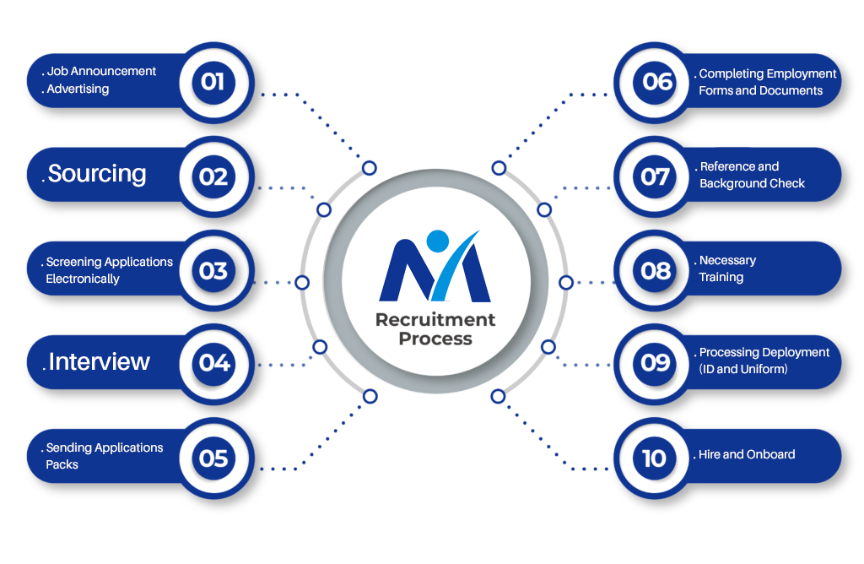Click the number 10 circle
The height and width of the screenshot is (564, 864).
pyautogui.click(x=654, y=458)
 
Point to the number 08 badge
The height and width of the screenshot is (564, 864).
pyautogui.click(x=656, y=271)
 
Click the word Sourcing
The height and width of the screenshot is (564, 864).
pyautogui.click(x=97, y=174)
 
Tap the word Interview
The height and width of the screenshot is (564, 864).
pyautogui.click(x=99, y=362)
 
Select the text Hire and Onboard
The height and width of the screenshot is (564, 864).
pyautogui.click(x=747, y=454)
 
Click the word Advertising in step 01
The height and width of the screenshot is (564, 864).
pyautogui.click(x=78, y=89)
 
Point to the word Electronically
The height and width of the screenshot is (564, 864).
pyautogui.click(x=83, y=279)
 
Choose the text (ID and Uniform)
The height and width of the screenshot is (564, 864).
pyautogui.click(x=743, y=369)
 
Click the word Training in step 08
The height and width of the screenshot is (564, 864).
pyautogui.click(x=721, y=277)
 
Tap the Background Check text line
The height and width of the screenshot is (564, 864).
pyautogui.click(x=752, y=183)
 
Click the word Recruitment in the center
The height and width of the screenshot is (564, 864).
pyautogui.click(x=435, y=320)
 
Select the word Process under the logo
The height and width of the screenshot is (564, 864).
pyautogui.click(x=435, y=339)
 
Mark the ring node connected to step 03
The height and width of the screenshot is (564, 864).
pyautogui.click(x=302, y=282)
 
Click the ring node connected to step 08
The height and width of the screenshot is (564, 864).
pyautogui.click(x=565, y=282)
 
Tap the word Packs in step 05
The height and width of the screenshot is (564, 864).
pyautogui.click(x=62, y=464)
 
